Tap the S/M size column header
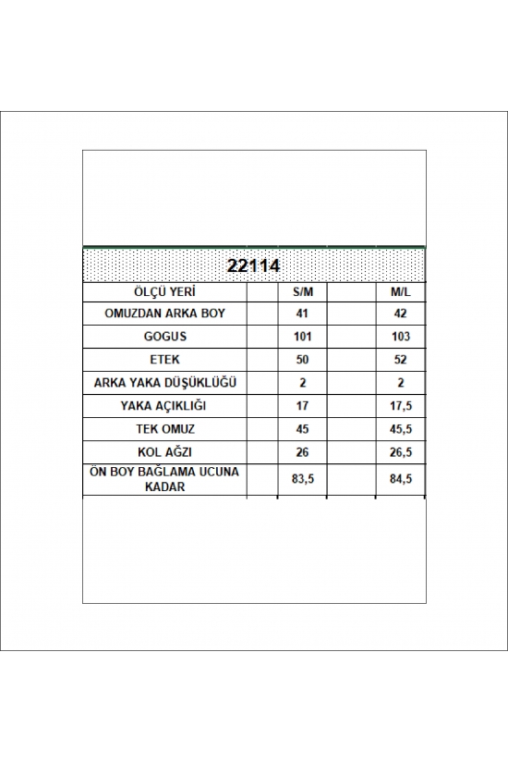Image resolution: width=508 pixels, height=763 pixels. tap(303, 290)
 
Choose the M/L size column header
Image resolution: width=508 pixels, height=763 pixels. tap(401, 290)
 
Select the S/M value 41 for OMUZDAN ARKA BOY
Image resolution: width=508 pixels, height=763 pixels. tap(303, 314)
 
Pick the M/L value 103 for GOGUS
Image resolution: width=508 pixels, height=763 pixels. tap(401, 337)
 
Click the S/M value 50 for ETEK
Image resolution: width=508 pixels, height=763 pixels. tap(303, 360)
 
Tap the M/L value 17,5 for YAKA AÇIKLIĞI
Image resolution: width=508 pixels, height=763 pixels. tap(401, 405)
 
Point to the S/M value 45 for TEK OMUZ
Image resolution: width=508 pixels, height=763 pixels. tap(303, 428)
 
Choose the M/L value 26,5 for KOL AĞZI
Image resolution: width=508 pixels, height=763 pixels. tap(401, 451)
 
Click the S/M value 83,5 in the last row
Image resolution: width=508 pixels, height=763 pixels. tap(303, 478)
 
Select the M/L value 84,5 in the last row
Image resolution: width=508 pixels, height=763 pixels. tap(401, 478)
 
